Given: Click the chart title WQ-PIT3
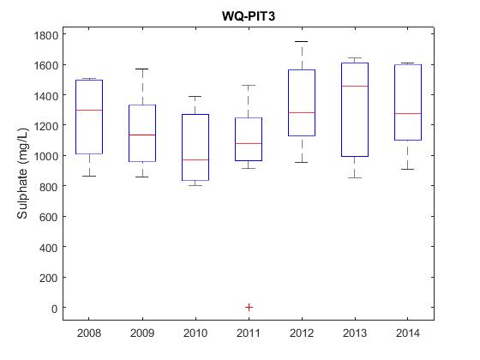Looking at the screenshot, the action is click(249, 16).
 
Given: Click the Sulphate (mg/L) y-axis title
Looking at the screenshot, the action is click(22, 173).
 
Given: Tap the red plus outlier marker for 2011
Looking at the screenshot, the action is click(249, 307).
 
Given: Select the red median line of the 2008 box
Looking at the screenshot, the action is click(89, 110).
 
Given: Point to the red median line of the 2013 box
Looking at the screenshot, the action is click(355, 86).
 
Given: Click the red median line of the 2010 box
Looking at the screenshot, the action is click(195, 159).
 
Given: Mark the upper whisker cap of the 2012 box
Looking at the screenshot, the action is click(302, 41).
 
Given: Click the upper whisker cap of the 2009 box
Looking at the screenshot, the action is click(142, 69).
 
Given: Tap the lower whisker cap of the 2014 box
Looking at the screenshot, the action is click(408, 169).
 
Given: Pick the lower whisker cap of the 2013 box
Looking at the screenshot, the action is click(355, 177).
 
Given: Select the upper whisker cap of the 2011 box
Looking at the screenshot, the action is click(249, 85).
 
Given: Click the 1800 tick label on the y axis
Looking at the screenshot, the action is click(46, 35).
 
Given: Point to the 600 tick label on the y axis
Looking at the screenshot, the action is click(48, 217).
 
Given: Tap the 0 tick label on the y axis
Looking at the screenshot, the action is click(55, 309).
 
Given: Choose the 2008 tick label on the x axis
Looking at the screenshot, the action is click(89, 333).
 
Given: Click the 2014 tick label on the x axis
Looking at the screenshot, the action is click(408, 333).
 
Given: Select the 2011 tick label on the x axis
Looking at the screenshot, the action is click(249, 333).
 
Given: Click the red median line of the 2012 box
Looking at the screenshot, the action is click(302, 112).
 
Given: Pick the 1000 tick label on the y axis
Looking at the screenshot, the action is click(46, 156).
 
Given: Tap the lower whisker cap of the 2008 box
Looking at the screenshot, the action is click(89, 176).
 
